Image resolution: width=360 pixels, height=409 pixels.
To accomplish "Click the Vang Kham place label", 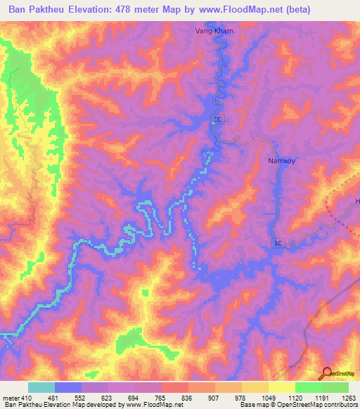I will (214, 32).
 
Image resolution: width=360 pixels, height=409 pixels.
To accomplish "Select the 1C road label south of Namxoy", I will (278, 243).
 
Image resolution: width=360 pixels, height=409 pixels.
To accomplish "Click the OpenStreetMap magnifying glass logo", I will (328, 373).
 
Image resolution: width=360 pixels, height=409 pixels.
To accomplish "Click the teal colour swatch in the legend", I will (41, 387).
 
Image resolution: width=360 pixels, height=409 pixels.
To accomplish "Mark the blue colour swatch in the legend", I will (68, 387).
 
